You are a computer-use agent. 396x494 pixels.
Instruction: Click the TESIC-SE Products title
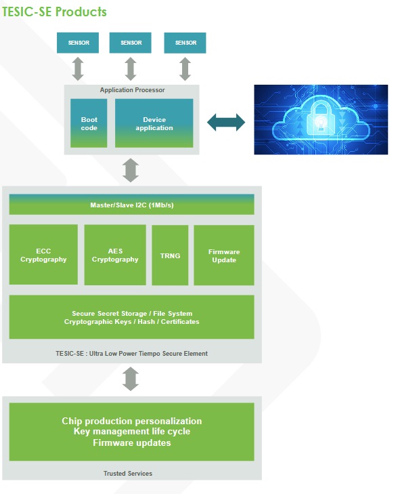point(54,12)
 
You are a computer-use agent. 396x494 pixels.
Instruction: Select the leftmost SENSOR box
point(78,43)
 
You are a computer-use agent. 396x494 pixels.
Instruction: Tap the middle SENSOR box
point(131,43)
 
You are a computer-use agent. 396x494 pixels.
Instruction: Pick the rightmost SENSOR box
point(185,43)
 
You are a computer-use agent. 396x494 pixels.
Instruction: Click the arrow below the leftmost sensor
point(78,68)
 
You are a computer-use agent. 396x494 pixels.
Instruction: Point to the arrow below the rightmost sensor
point(185,68)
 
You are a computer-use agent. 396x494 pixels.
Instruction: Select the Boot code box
point(89,123)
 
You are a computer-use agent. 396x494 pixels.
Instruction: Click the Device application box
point(154,123)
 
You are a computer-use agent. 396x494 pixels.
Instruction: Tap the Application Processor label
point(132,90)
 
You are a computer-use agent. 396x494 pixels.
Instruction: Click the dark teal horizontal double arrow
point(226,123)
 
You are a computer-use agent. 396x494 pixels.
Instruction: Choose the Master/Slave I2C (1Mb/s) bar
point(132,205)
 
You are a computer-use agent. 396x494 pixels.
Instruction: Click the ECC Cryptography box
point(43,255)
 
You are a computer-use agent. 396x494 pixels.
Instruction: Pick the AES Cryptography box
point(115,255)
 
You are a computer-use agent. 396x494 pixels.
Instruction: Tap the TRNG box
point(170,255)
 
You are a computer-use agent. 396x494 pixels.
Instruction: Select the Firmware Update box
point(223,255)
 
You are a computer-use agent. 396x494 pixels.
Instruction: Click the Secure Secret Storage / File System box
point(132,317)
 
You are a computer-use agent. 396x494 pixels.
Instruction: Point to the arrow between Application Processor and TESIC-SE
point(131,169)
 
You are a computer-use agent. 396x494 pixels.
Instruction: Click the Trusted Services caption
point(132,473)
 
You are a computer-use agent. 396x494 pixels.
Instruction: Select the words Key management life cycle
point(132,432)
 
